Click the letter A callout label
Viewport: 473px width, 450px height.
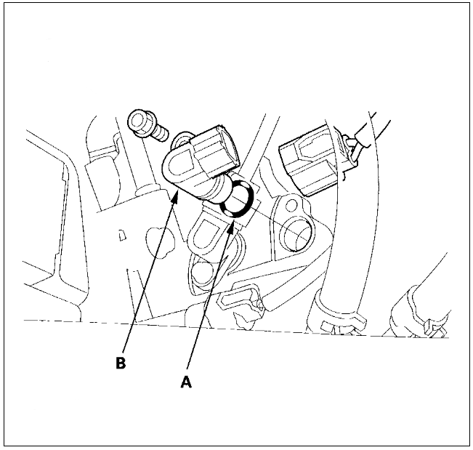186,382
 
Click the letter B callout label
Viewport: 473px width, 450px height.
121,363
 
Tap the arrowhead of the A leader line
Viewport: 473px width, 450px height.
231,228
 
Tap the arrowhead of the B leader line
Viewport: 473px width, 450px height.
175,198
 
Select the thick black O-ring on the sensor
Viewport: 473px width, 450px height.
236,198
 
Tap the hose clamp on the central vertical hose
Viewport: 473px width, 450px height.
337,317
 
